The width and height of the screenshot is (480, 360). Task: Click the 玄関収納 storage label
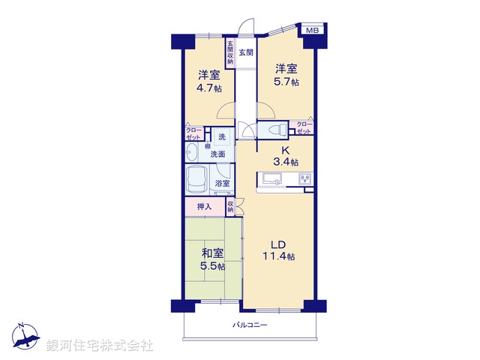coord(230,52)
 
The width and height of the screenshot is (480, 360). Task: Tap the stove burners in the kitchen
coord(306,178)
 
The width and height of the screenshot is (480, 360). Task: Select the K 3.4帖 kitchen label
coord(285,155)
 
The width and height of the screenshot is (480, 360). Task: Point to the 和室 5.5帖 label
coord(211,260)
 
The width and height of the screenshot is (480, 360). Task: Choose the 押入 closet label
coord(204,207)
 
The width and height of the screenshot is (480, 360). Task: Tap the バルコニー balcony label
coord(250,325)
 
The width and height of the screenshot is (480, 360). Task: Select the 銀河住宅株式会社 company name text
coord(100,345)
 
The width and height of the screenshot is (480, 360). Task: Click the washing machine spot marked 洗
coord(221,137)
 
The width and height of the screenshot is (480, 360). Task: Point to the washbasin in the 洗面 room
coord(193,154)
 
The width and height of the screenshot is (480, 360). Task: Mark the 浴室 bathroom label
coord(222,184)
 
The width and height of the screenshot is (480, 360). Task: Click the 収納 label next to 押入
coord(231,206)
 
